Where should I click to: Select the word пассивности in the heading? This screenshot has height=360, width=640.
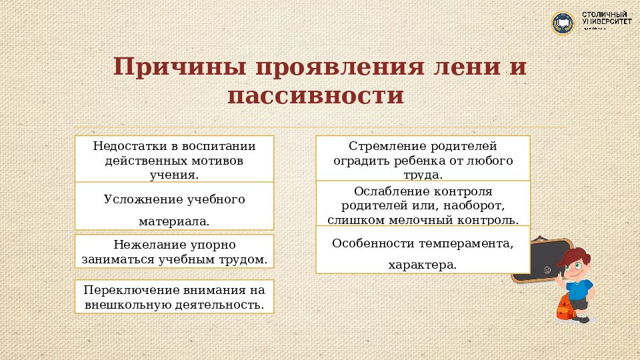pyautogui.click(x=315, y=95)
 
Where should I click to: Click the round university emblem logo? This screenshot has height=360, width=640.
pyautogui.click(x=563, y=23)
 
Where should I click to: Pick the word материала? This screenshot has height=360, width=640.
pyautogui.click(x=173, y=221)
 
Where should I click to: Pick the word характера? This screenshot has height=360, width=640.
pyautogui.click(x=422, y=265)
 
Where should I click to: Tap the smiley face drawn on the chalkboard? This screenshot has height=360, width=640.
pyautogui.click(x=547, y=270)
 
